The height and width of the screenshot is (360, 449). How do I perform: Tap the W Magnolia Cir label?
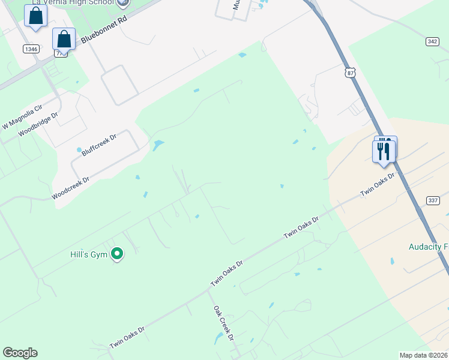pos(23,116)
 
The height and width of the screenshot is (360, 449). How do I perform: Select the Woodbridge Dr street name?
pos(41,124)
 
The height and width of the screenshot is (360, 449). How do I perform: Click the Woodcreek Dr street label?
pos(70,188)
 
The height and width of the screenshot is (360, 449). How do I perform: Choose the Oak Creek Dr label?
pos(223,323)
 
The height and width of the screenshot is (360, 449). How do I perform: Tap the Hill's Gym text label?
pos(87,254)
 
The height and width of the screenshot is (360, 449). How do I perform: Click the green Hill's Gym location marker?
pos(118,255)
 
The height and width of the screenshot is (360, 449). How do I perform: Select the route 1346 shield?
pos(32,49)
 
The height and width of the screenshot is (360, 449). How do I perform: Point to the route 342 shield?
pos(432,41)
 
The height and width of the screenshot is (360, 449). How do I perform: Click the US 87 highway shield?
pos(351,72)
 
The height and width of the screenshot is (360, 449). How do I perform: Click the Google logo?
pos(20,353)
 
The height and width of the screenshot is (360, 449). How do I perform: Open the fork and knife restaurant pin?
pos(384,151)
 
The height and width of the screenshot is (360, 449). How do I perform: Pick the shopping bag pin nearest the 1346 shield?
pos(35,16)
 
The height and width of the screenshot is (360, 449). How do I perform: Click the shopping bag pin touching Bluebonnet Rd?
pos(64,40)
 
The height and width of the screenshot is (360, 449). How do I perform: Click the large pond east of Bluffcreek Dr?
pos(158,145)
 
